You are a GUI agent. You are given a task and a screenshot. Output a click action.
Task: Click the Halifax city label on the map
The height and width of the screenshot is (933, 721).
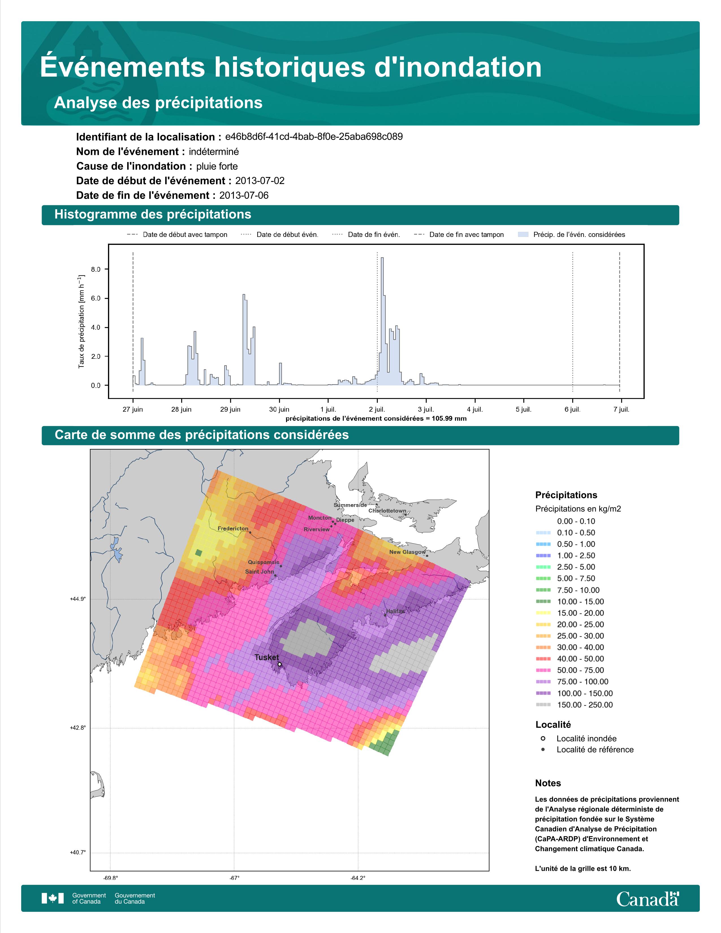click(395, 611)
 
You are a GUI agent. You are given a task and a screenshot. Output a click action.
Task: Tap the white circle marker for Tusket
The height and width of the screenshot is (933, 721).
click(279, 664)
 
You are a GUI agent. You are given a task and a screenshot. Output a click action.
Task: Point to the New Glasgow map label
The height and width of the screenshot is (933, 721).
click(407, 552)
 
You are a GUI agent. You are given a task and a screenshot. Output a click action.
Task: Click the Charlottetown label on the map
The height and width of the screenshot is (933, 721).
click(387, 511)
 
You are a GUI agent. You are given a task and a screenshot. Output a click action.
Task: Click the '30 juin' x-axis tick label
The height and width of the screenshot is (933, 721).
click(279, 409)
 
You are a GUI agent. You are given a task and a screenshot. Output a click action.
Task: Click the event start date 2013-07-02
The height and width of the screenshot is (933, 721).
click(260, 181)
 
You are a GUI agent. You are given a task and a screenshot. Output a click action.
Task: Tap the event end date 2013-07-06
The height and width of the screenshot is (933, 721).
click(244, 195)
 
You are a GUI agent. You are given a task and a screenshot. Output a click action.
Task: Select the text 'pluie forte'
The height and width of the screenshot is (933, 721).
click(217, 166)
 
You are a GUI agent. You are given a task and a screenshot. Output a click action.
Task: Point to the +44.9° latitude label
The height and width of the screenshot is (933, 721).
click(78, 599)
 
